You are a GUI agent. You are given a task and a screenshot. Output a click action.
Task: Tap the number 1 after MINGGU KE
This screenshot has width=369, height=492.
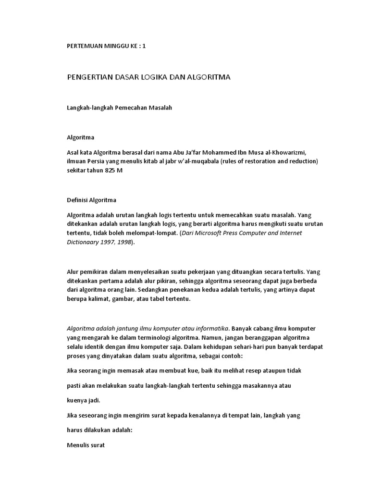click(143, 46)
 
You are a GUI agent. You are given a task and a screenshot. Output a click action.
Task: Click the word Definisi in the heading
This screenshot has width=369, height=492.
click(76, 199)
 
